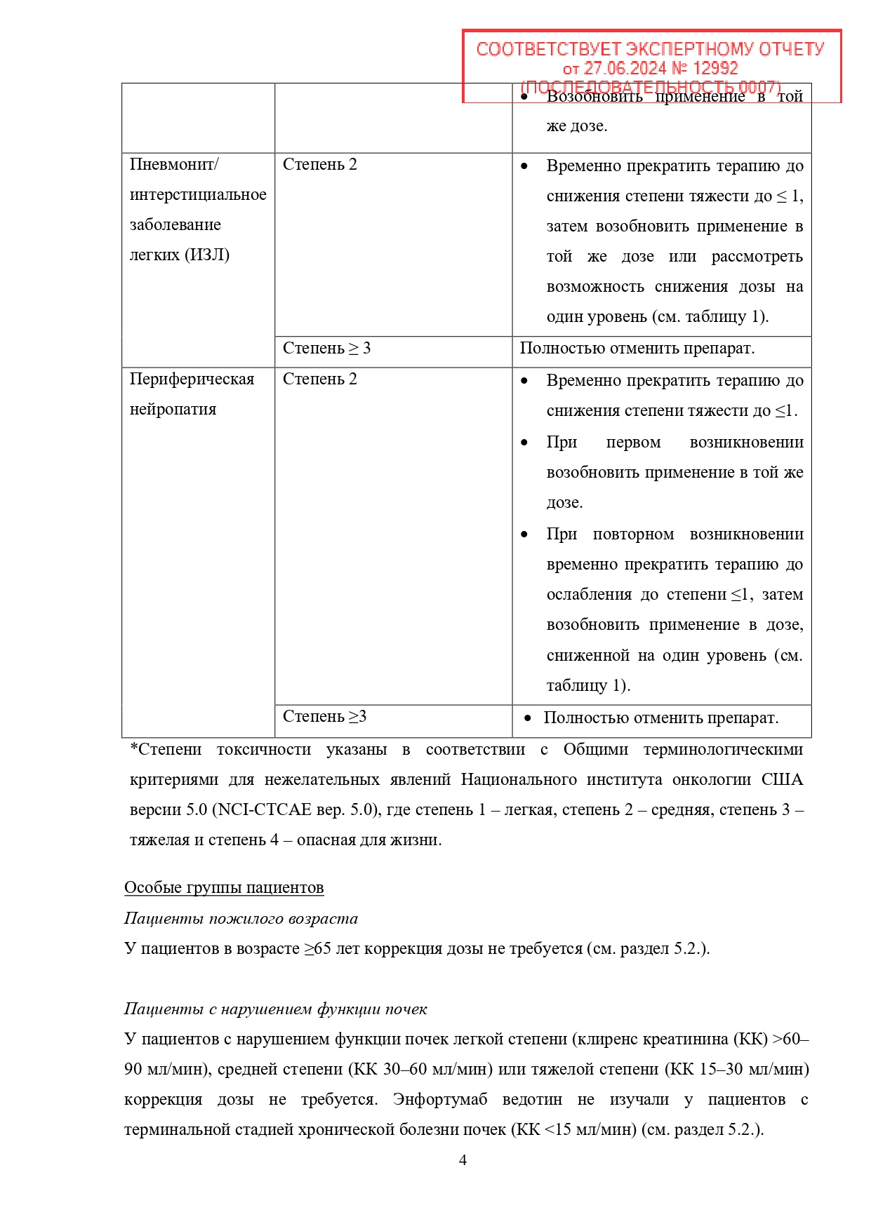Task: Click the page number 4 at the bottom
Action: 463,1160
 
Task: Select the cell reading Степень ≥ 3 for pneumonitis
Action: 326,349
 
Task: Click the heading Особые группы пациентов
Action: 224,888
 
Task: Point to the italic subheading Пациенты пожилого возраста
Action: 241,919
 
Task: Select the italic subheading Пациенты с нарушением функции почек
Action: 275,1009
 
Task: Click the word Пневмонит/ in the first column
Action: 174,165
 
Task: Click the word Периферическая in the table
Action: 192,379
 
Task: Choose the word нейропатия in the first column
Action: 173,410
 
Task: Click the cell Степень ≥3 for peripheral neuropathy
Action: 324,717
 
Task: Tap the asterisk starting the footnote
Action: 133,749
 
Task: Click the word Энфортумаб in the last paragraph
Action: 439,1100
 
